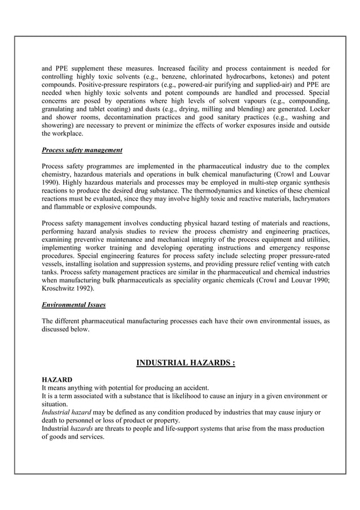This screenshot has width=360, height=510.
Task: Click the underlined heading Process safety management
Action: pyautogui.click(x=82, y=151)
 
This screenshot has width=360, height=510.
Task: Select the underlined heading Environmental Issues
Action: pyautogui.click(x=73, y=305)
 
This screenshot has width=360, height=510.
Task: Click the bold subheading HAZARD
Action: pyautogui.click(x=57, y=379)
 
